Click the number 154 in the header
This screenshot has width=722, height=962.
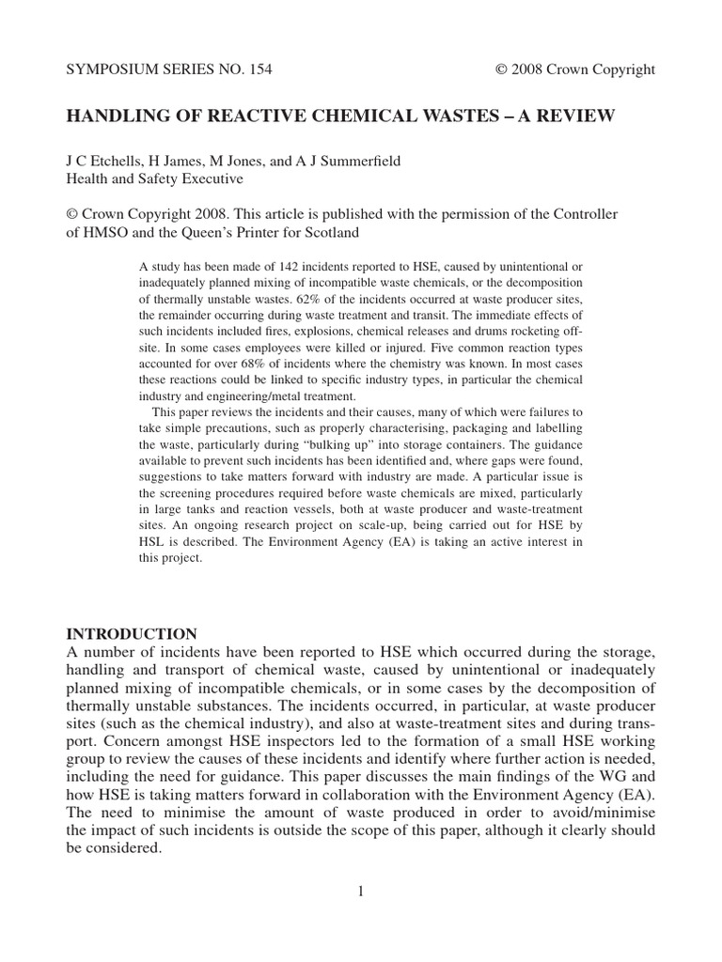pyautogui.click(x=258, y=70)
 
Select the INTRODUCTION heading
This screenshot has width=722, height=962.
pyautogui.click(x=131, y=633)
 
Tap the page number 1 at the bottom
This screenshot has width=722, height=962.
pyautogui.click(x=360, y=891)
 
